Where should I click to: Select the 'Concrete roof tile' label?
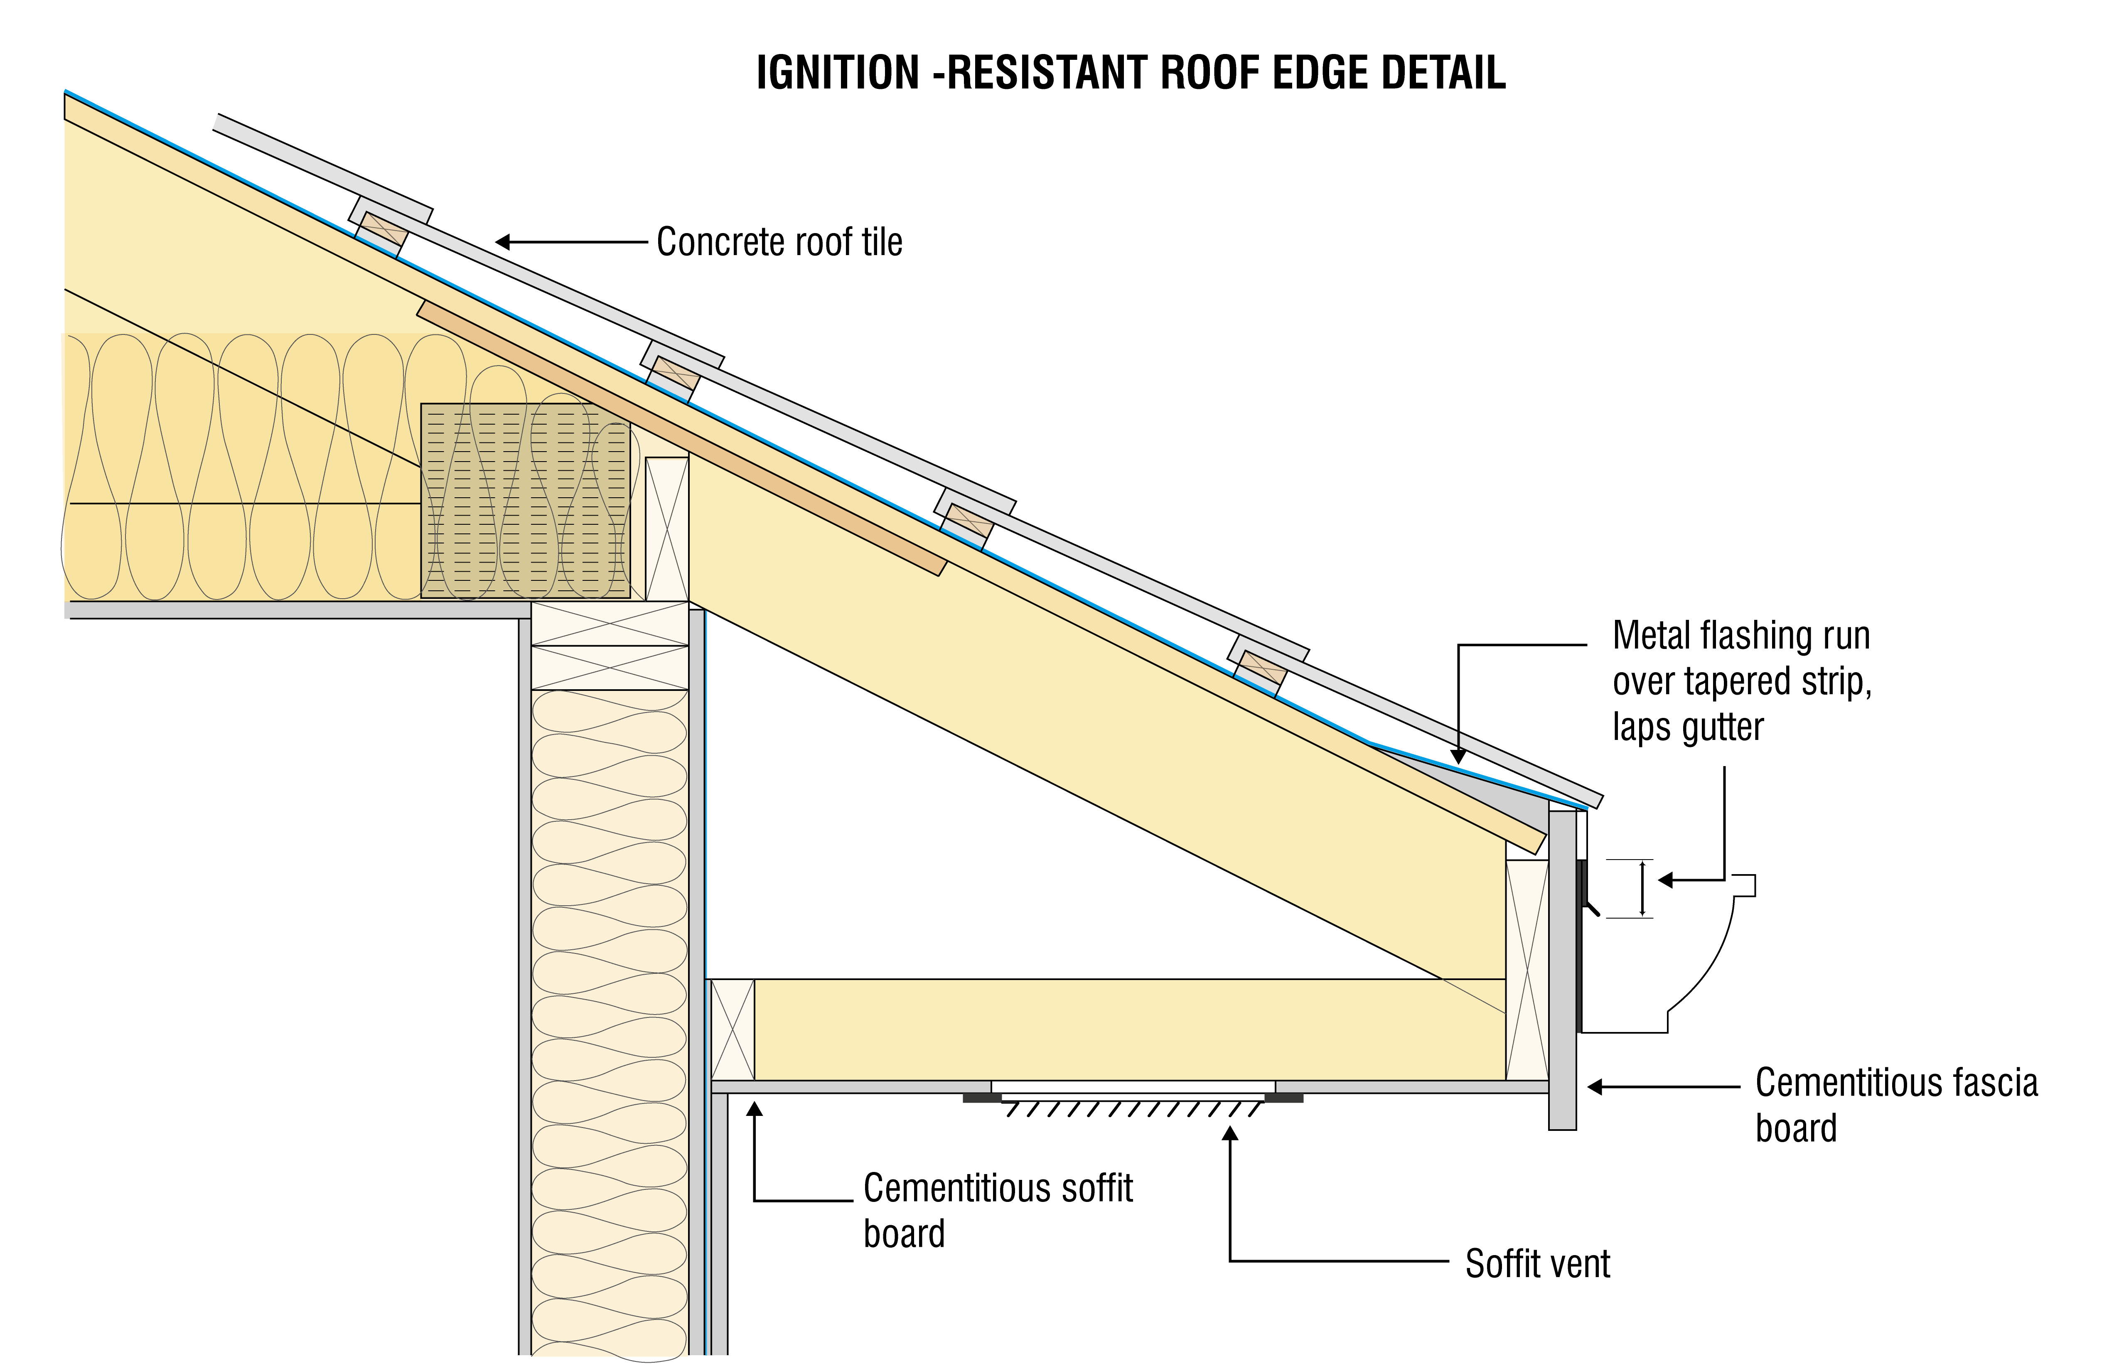(779, 242)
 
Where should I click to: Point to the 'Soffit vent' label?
(1538, 1264)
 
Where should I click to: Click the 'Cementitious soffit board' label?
(997, 1211)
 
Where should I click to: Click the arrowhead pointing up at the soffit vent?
(1230, 1134)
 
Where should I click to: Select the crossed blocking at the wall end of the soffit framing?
(733, 1029)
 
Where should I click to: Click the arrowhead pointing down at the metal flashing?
(1458, 757)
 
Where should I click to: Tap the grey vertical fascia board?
(1563, 971)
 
